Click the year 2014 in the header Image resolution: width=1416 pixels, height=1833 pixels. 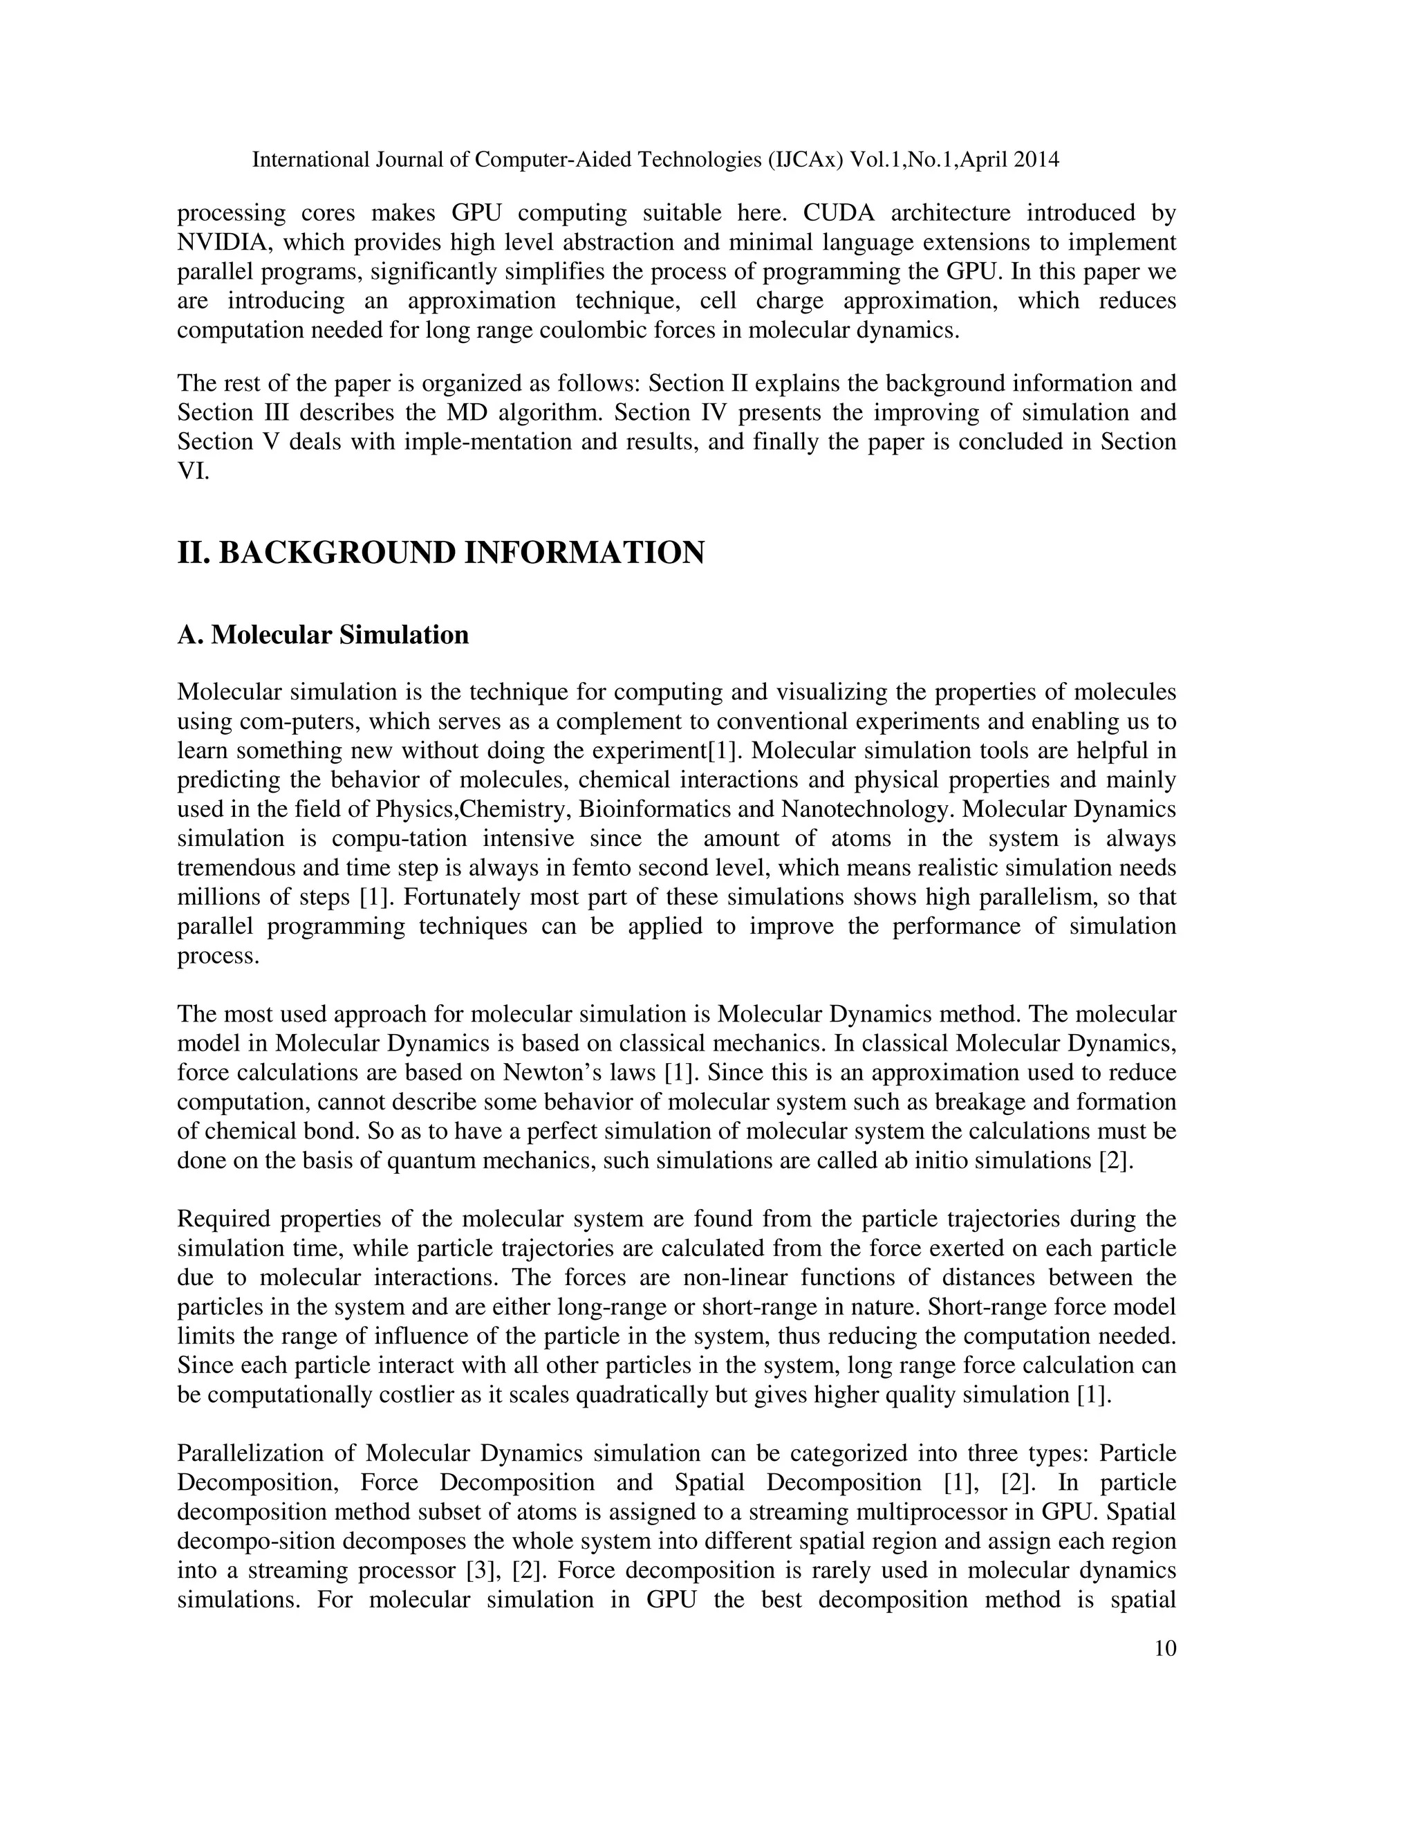coord(1036,160)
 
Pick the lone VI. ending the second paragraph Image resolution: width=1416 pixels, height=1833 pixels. coord(193,471)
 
